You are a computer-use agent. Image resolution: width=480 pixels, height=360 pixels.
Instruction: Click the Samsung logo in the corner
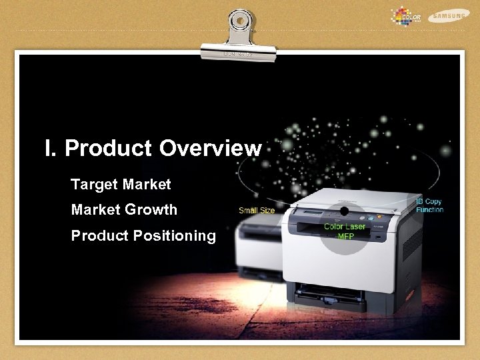[x=449, y=15]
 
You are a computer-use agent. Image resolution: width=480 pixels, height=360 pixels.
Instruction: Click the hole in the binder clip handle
[x=240, y=20]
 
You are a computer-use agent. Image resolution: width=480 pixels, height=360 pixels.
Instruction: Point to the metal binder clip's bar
[x=239, y=51]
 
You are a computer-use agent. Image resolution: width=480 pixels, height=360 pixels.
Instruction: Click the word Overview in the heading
[x=210, y=148]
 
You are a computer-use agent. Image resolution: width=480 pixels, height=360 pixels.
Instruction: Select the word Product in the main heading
[x=109, y=148]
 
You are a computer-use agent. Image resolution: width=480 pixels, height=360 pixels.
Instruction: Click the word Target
[x=94, y=184]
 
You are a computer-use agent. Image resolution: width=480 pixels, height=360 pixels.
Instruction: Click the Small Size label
[x=257, y=211]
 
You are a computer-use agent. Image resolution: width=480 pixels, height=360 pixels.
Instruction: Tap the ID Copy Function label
[x=429, y=205]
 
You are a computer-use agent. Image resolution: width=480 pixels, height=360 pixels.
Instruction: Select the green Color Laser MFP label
[x=345, y=231]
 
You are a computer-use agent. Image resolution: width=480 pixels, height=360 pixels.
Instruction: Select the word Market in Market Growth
[x=95, y=209]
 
